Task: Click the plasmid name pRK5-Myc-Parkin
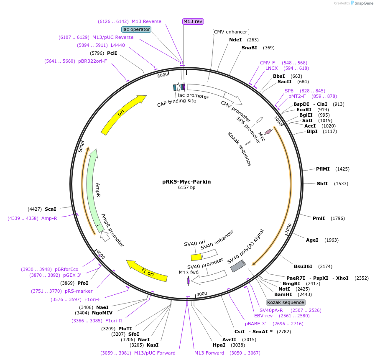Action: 186,182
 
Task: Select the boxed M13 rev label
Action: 193,21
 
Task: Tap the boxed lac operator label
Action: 136,29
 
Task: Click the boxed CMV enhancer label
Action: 231,32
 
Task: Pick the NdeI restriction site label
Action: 235,40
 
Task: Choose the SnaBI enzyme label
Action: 249,48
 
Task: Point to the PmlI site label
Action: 319,218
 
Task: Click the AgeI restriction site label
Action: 312,240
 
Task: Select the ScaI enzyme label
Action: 50,209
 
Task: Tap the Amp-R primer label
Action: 49,218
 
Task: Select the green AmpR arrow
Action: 92,188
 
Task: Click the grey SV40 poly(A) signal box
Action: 237,266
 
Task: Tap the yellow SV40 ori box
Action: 196,257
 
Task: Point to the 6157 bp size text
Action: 186,188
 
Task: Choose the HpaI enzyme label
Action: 219,345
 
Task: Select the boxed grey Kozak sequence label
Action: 286,302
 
